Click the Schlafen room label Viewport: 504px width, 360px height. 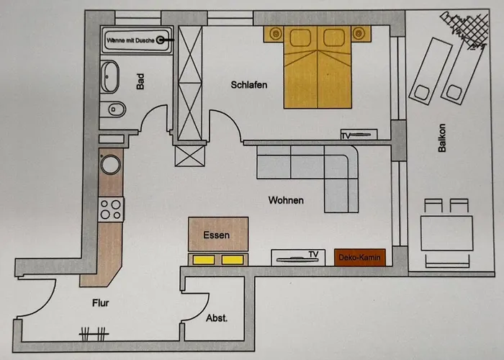point(249,85)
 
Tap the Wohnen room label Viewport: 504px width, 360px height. point(286,200)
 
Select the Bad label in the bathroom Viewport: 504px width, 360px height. point(141,82)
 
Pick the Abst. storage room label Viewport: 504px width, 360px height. point(217,318)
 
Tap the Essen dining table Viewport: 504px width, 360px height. point(218,233)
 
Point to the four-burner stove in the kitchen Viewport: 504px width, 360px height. point(110,209)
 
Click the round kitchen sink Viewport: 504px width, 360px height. point(112,166)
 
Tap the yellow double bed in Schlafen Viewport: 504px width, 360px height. point(317,68)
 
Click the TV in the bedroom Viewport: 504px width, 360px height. point(359,134)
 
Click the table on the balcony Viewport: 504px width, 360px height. point(447,232)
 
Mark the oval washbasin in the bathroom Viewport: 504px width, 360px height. point(110,74)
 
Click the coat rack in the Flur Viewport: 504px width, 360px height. point(94,333)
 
